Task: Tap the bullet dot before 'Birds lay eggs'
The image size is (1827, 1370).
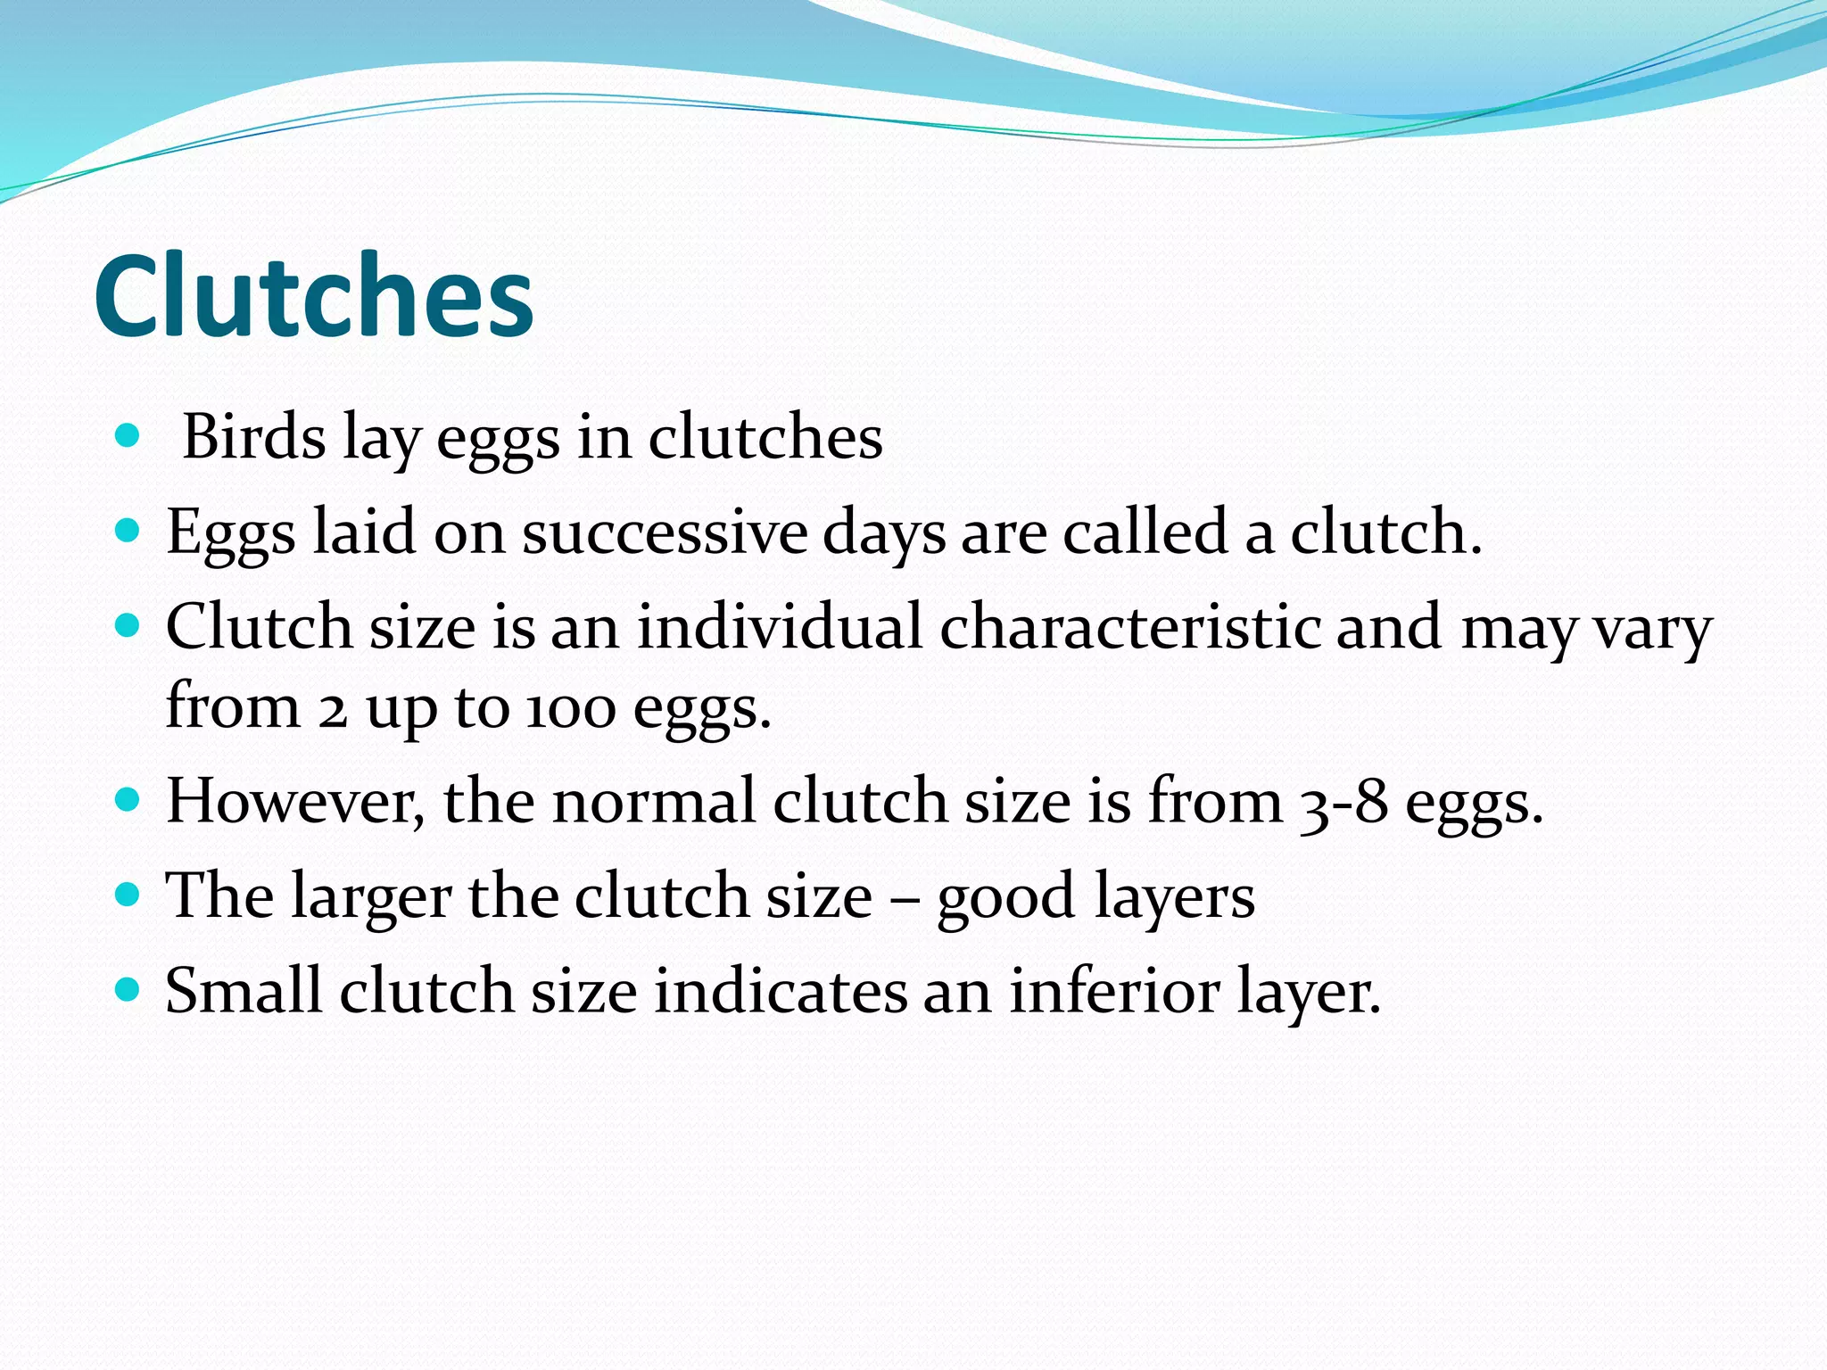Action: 128,435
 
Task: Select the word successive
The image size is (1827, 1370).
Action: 664,532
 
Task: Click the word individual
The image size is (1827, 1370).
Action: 779,626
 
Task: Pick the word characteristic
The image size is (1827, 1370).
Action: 1129,626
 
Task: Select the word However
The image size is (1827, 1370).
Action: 295,801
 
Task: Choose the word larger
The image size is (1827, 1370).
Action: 371,897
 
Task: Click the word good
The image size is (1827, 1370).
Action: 1005,897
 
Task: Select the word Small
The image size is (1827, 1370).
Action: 243,991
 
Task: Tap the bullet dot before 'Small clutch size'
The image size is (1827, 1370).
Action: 128,988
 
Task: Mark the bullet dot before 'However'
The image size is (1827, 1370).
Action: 128,797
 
